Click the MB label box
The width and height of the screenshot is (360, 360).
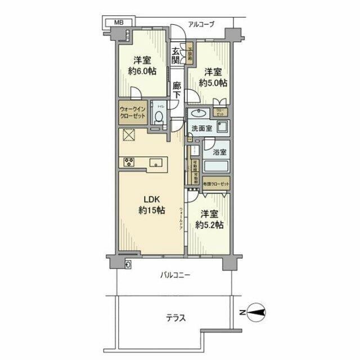[118, 22]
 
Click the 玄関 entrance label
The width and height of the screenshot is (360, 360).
[176, 55]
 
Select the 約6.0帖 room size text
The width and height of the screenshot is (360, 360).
[142, 71]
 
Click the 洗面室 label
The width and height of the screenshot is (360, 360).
[201, 128]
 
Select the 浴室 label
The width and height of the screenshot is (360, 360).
[219, 152]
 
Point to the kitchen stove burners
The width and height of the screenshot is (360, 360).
[128, 163]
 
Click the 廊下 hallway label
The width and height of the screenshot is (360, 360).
[177, 91]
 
